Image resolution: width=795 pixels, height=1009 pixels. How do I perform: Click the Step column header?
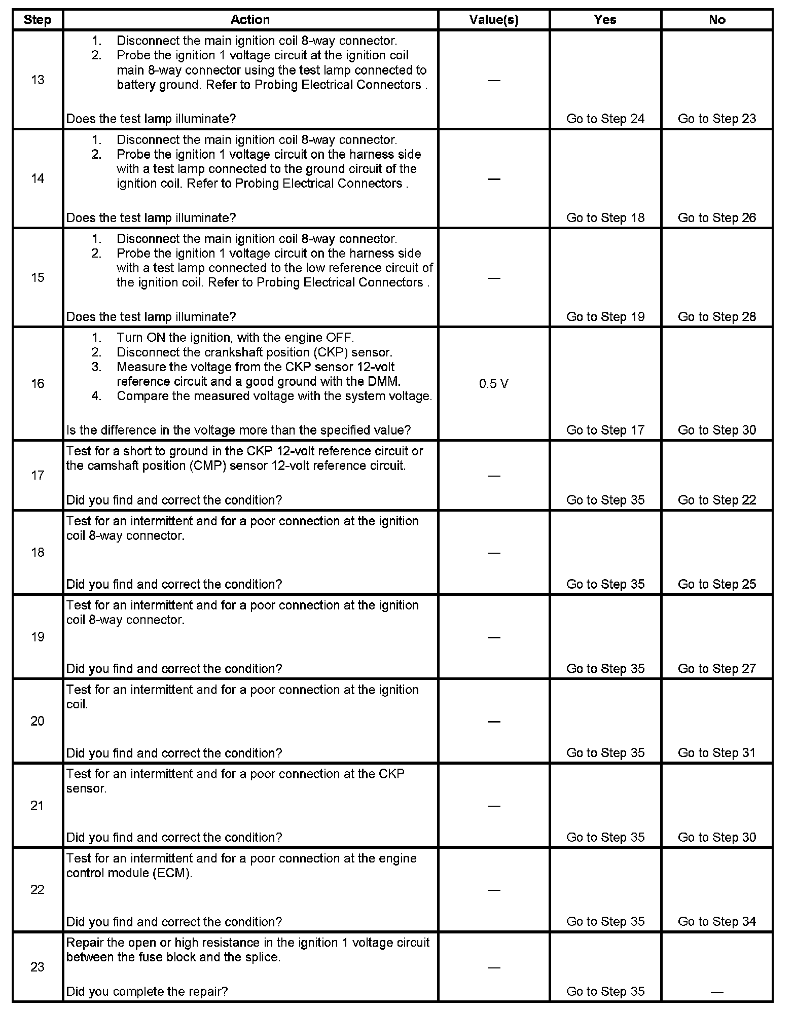[38, 20]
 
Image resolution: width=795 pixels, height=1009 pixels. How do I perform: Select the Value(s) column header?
[493, 20]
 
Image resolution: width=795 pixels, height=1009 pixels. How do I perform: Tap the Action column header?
[250, 20]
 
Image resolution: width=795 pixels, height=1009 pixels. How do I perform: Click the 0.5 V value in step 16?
[493, 384]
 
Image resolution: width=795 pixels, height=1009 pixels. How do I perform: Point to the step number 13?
[38, 80]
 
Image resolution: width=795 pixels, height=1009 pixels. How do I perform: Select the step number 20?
[38, 721]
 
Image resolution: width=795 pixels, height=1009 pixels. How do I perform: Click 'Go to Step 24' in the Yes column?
[605, 119]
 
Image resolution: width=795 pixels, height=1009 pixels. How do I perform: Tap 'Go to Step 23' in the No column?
[716, 119]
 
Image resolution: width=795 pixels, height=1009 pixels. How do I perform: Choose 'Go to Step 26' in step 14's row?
[716, 218]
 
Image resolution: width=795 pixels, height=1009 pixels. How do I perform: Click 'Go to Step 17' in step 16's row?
[605, 430]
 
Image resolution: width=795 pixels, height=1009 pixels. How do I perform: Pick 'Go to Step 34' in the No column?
[716, 921]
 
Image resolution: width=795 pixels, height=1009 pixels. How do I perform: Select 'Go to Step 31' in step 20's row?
[716, 753]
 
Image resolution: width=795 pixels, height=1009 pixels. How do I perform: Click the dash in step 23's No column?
[716, 992]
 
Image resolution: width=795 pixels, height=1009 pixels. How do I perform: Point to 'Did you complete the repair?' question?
[147, 991]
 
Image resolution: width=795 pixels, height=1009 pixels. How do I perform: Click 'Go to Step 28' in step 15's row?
[716, 316]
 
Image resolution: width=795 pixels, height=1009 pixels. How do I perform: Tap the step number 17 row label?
[38, 475]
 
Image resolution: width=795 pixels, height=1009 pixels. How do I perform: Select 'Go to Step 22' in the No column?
[716, 500]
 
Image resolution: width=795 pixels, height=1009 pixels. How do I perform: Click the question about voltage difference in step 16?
[238, 430]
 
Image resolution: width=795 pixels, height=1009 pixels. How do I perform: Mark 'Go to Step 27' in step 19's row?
[716, 669]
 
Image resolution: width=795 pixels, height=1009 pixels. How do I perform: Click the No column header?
[716, 20]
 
